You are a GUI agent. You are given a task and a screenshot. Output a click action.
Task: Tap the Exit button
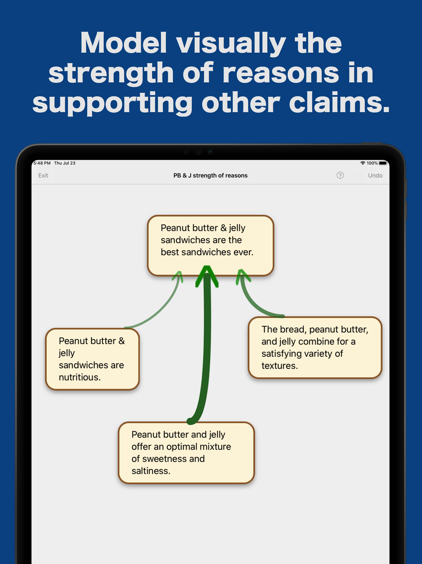(43, 175)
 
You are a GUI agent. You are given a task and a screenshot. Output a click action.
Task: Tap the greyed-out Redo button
(357, 175)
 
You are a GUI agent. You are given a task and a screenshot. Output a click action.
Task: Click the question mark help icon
(340, 175)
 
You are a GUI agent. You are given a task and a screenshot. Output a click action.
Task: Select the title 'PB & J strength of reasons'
(210, 175)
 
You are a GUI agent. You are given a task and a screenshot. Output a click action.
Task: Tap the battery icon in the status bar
(383, 163)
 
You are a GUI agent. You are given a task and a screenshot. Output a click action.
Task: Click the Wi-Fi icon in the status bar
(363, 163)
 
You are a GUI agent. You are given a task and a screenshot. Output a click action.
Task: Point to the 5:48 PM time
(42, 163)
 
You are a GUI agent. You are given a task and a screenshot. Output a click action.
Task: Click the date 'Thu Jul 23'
(65, 163)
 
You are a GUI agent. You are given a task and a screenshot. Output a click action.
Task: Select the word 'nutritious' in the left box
(79, 377)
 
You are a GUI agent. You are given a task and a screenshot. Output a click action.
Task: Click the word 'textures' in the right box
(279, 366)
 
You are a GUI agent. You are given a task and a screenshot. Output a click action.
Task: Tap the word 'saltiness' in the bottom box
(150, 471)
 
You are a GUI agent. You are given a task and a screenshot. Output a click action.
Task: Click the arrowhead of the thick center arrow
(207, 275)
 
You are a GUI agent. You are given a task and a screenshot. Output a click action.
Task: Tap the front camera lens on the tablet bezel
(210, 152)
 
